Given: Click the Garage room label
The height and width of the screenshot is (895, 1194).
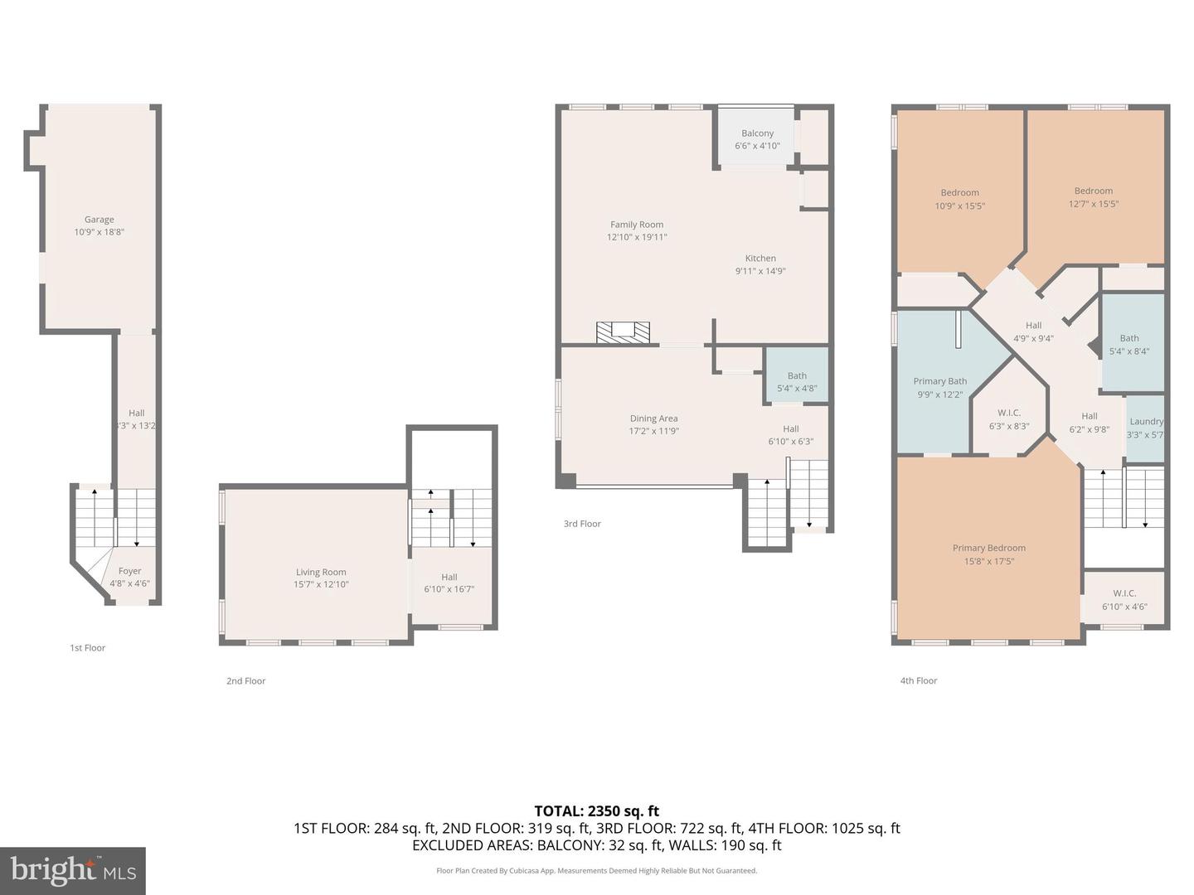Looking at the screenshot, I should [x=99, y=220].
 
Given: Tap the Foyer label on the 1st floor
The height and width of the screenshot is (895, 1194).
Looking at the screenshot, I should [x=129, y=571].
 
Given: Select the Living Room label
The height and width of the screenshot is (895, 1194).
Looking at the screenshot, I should [x=321, y=572].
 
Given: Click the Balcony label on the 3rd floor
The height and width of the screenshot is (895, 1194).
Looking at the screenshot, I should [x=757, y=133].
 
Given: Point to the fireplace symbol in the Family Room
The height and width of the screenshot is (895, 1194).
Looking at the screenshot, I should [x=623, y=332].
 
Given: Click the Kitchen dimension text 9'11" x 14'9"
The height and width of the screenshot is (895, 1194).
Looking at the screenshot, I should [x=760, y=271].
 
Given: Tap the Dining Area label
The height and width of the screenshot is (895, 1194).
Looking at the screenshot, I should [x=653, y=418].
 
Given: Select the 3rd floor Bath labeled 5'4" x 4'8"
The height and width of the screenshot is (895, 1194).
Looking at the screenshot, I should [x=797, y=382].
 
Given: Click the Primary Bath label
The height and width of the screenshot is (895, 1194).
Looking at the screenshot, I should [x=939, y=381].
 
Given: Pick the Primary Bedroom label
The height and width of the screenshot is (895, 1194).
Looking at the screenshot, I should [x=988, y=548].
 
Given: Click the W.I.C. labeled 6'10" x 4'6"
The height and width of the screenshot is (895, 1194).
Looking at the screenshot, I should [x=1124, y=600].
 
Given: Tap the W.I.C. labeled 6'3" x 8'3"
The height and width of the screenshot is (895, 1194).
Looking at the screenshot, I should [x=1009, y=419].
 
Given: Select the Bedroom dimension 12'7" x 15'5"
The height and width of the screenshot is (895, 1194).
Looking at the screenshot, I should [x=1094, y=204].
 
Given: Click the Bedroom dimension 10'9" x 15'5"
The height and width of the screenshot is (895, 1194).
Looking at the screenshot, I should [x=960, y=206].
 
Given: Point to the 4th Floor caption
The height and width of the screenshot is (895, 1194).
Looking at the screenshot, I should [x=919, y=680].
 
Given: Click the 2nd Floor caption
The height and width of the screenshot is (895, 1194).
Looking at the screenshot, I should [x=246, y=681].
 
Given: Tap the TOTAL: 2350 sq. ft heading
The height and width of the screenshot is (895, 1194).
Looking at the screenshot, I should [x=596, y=810].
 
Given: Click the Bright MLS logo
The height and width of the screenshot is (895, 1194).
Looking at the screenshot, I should [x=73, y=870].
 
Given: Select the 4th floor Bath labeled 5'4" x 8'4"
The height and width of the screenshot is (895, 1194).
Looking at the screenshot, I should [x=1129, y=344].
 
